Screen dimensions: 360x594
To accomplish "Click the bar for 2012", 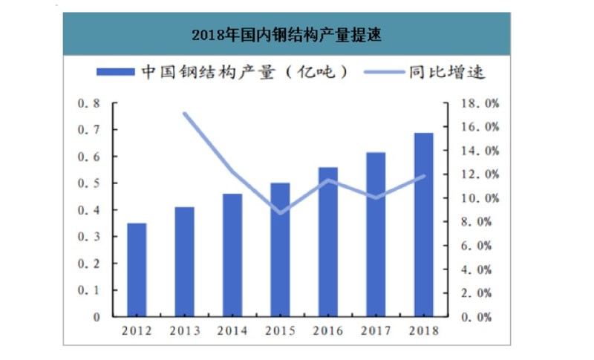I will (137, 269).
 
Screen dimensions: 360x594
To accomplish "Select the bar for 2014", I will (232, 255).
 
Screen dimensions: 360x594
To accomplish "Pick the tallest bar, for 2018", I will (423, 224).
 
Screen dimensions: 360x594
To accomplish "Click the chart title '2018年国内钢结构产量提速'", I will (287, 35).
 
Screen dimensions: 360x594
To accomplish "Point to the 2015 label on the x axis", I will (280, 330).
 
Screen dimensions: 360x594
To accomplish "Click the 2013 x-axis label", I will (185, 330).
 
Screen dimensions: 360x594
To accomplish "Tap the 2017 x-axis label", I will (376, 330).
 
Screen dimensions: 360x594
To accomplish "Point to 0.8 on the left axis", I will (88, 103).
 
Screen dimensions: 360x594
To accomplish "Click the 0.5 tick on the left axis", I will (88, 183).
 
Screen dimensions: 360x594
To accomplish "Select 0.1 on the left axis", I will (88, 290).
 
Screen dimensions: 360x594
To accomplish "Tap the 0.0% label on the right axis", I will (474, 317).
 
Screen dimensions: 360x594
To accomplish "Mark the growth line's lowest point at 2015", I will (280, 213).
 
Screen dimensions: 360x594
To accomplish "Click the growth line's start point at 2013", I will (184, 114).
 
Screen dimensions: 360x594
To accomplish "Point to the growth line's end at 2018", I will (424, 176).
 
